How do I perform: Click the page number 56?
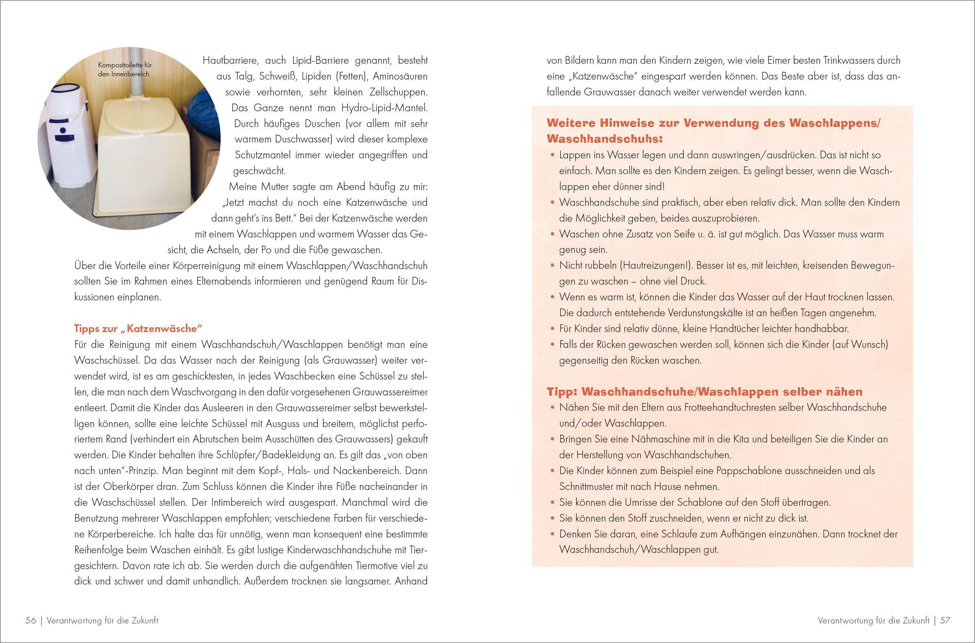31,620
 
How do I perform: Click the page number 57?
945,620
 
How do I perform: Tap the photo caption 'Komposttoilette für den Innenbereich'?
125,69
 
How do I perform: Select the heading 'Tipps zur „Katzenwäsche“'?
139,328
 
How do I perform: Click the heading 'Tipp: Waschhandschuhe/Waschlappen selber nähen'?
704,392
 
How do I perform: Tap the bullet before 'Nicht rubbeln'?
552,265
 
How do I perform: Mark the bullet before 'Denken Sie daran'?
552,534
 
